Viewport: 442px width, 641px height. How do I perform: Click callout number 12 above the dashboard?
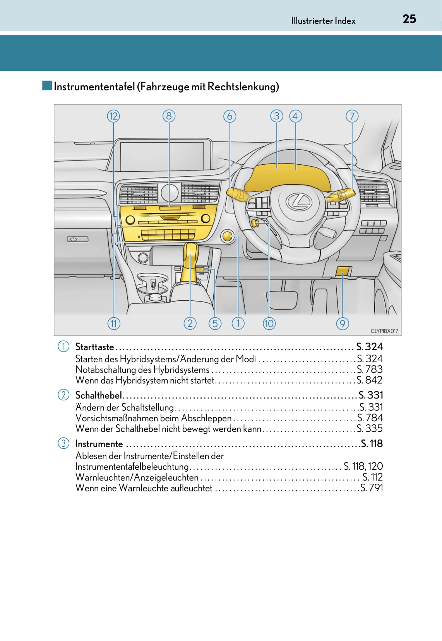coord(113,116)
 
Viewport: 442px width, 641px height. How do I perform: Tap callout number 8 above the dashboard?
coord(169,116)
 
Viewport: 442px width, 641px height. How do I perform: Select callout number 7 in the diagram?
coord(352,116)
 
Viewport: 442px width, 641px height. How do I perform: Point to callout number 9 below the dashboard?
coord(343,323)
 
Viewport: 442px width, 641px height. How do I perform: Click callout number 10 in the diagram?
coord(269,323)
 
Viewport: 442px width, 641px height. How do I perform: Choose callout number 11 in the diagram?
coord(114,323)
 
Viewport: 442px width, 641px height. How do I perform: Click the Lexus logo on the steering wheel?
coord(299,201)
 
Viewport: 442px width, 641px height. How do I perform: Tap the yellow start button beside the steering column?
coord(227,236)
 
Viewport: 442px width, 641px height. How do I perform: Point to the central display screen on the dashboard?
coord(163,156)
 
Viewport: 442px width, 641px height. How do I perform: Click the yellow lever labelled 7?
coord(342,195)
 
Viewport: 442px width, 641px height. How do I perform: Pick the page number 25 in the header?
coord(409,19)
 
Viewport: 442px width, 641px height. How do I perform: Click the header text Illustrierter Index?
coord(323,21)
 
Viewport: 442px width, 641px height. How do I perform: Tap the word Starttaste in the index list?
coord(94,347)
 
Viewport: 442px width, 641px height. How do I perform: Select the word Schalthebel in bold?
coord(98,395)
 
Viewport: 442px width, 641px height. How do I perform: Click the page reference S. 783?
coord(370,369)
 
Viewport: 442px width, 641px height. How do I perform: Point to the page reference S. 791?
coord(372,488)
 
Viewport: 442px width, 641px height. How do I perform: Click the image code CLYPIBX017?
coord(384,331)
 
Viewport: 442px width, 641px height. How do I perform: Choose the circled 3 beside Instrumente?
coord(63,443)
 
